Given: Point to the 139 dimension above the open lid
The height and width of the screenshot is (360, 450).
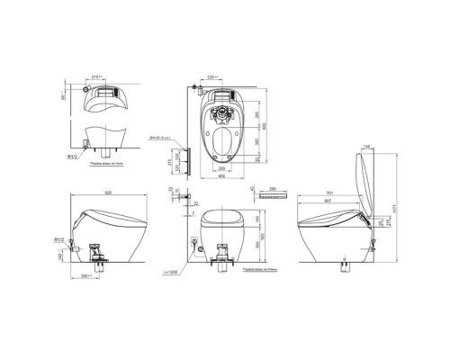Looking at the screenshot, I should coord(368,146).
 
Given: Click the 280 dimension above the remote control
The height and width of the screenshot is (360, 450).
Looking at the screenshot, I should coord(273,189).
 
